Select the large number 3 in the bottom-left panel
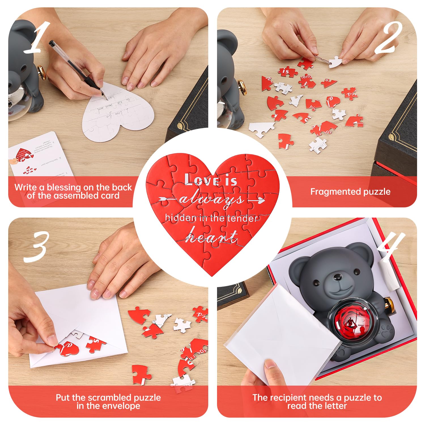tap(36, 246)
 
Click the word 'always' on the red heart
tap(211, 200)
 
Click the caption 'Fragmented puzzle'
tap(350, 192)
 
